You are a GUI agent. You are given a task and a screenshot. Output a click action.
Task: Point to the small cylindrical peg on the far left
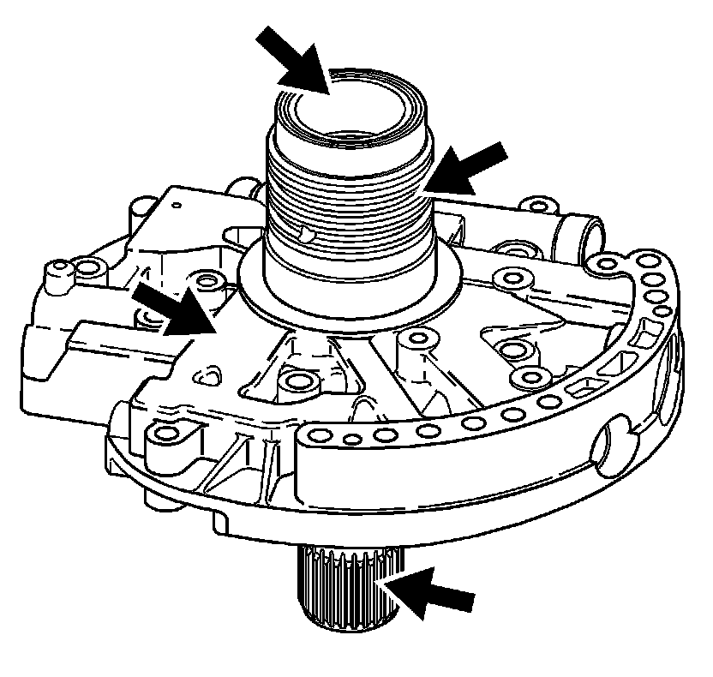[x=58, y=273]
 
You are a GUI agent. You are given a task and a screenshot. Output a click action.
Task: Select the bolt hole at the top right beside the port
[x=536, y=206]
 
